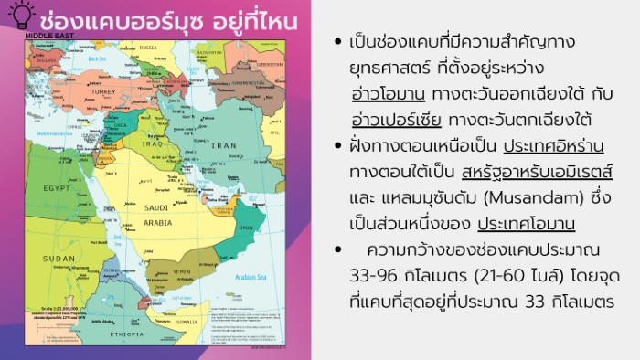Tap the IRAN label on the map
(223, 144)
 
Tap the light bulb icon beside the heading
(20, 12)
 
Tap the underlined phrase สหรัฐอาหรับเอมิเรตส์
(538, 172)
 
